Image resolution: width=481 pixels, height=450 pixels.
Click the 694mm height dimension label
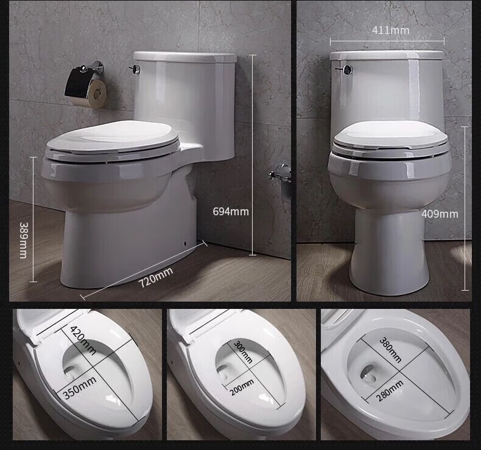[230, 212]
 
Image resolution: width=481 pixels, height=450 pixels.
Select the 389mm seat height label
[24, 240]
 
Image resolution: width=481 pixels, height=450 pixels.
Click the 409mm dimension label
[440, 213]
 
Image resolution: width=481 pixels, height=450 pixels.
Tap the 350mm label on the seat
[79, 388]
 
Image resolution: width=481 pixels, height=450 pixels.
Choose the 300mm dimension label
[241, 351]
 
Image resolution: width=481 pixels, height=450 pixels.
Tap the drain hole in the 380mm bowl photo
[368, 373]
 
